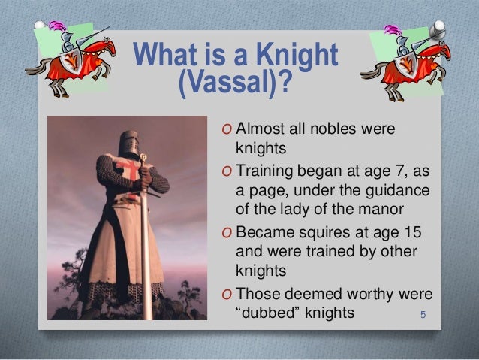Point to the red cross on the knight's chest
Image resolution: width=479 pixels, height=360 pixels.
[128, 170]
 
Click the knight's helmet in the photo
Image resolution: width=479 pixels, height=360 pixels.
[129, 144]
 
